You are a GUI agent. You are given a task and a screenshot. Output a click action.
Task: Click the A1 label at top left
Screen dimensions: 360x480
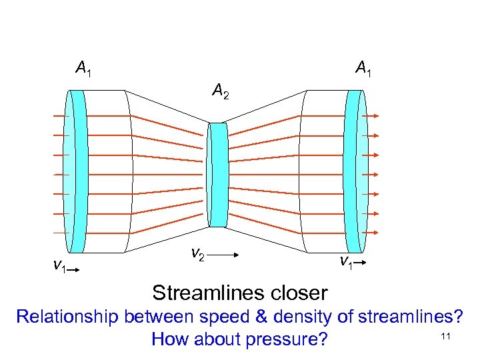tap(84, 67)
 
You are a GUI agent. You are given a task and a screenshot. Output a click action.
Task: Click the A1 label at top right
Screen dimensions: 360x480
tap(363, 67)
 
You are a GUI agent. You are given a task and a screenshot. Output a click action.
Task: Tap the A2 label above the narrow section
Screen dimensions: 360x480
tap(221, 90)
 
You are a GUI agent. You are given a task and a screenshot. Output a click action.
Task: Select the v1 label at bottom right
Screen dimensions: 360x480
tap(345, 262)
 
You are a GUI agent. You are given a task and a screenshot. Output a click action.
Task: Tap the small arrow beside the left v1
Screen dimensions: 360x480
tap(75, 269)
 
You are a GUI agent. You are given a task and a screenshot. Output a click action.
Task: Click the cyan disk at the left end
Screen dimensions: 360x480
tap(78, 171)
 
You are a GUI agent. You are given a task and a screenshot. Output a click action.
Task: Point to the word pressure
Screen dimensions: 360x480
tap(287, 340)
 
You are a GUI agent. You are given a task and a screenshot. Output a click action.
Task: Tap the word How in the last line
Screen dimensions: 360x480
tap(169, 339)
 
